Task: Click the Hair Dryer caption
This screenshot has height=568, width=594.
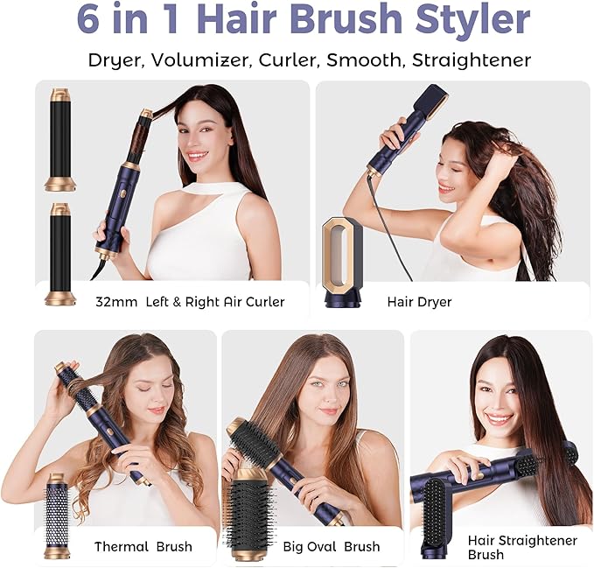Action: (419, 302)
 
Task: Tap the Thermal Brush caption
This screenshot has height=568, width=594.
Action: (143, 547)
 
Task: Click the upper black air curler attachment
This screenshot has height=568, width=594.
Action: (60, 139)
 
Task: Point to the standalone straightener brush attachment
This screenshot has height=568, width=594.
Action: (436, 517)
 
